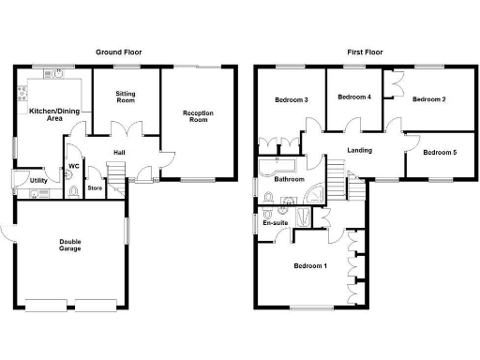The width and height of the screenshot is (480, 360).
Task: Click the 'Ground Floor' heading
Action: click(119, 52)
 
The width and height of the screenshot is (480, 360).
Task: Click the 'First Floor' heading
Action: click(360, 52)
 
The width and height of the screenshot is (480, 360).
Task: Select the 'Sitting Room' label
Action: click(127, 97)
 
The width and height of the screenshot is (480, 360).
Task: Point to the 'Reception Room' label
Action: click(198, 116)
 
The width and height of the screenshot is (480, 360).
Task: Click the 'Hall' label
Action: click(120, 153)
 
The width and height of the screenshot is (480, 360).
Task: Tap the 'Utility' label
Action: click(38, 180)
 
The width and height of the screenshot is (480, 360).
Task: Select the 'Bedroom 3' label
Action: click(292, 100)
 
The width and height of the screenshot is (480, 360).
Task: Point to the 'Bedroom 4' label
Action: click(354, 97)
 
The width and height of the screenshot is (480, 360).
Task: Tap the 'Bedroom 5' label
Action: click(440, 152)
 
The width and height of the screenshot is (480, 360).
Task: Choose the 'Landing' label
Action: click(359, 150)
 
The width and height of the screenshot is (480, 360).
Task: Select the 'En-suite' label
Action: click(275, 223)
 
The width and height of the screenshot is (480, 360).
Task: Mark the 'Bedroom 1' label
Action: click(310, 266)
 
